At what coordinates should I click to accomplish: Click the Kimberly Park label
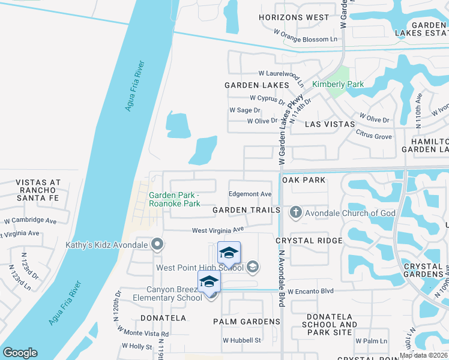click(338, 85)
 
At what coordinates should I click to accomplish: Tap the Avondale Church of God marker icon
click(295, 212)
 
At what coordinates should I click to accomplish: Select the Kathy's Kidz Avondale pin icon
click(157, 244)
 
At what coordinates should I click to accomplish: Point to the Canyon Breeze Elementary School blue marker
click(209, 282)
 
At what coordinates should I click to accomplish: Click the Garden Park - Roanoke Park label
click(174, 199)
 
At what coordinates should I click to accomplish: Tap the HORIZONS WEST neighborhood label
click(294, 17)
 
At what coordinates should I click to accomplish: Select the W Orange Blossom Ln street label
click(306, 39)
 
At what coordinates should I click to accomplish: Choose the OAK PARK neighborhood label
click(304, 180)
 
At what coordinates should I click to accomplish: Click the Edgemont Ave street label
click(250, 194)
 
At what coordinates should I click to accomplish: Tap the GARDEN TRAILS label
click(247, 210)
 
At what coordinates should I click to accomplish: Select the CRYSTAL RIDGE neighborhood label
click(309, 241)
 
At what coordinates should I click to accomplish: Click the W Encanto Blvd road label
click(310, 291)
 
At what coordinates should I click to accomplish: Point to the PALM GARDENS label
click(247, 322)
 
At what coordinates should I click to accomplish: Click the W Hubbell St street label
click(242, 340)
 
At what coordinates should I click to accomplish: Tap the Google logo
click(20, 353)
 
